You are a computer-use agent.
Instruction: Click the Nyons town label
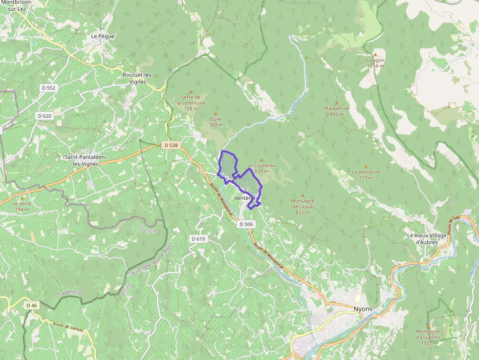coord(363,309)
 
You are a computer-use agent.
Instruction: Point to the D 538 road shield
coord(171,145)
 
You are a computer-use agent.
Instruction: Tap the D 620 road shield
coord(44,116)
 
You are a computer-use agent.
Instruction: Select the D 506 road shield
coord(246,224)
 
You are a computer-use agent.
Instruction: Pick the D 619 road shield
coord(198,239)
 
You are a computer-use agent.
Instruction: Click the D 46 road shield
coord(31,305)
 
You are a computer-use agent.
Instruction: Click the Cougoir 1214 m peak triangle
coord(375,54)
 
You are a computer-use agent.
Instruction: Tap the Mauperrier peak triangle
coord(337,103)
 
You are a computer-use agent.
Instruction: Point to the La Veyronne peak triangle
coord(366,166)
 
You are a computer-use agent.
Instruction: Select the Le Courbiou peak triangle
coord(261,160)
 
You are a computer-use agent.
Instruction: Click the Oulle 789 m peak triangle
coord(215,113)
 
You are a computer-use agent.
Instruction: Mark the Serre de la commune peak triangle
coord(191,91)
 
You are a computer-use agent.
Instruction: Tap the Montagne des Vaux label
coord(303,207)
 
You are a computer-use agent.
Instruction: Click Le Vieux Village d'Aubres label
coord(427,238)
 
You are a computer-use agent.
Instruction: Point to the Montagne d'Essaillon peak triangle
coord(428,325)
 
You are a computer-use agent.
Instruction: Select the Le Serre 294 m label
coord(21,206)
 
